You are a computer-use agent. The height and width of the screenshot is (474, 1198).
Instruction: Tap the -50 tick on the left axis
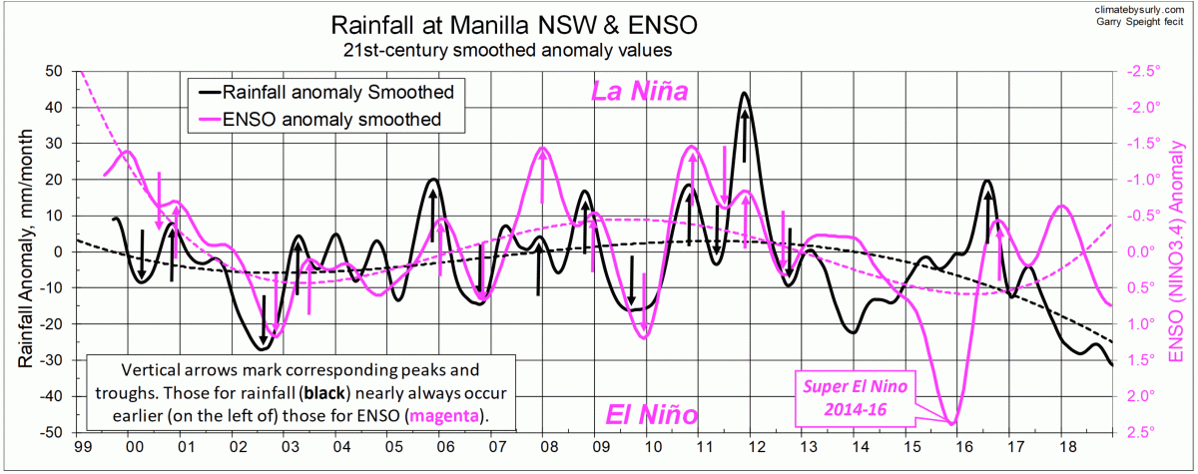click(x=51, y=432)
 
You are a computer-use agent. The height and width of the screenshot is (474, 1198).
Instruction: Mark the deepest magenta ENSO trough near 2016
click(x=951, y=423)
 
